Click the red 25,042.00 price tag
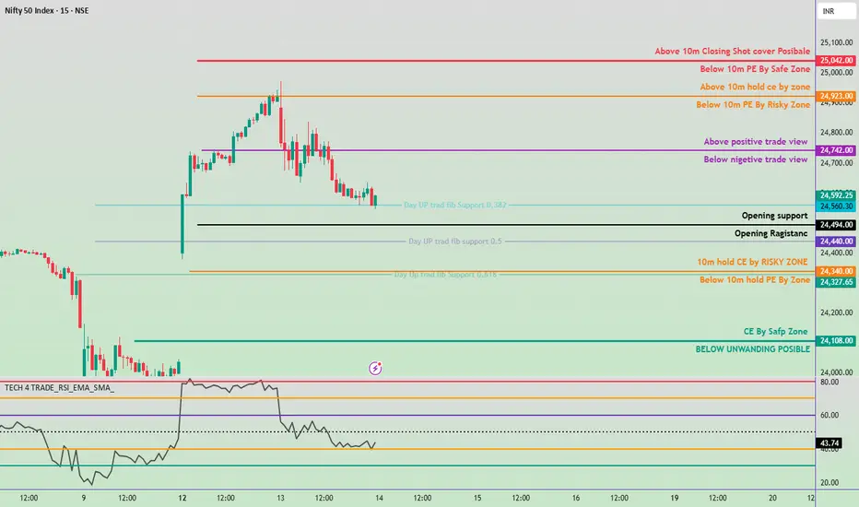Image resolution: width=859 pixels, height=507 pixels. [x=837, y=60]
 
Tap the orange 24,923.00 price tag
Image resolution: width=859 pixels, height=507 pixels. [x=837, y=96]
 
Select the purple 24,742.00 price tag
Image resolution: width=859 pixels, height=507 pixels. [x=837, y=150]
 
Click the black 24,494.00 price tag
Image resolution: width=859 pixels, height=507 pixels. [x=837, y=225]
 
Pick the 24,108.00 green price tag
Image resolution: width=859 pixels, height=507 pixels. [x=837, y=341]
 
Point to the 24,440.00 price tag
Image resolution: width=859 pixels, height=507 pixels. [x=837, y=242]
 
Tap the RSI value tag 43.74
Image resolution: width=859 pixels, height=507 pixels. [x=830, y=443]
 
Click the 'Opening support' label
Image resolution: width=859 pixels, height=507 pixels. [x=774, y=216]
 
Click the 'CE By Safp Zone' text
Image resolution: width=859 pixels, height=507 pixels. [x=775, y=331]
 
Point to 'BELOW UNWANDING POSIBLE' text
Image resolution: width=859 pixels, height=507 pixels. [x=753, y=349]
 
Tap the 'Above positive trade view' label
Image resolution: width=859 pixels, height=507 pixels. [x=755, y=142]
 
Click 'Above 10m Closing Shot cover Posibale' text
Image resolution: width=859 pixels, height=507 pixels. [x=732, y=52]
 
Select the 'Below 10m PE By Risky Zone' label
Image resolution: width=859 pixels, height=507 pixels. [x=753, y=105]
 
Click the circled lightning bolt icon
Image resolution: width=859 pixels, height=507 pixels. [x=376, y=368]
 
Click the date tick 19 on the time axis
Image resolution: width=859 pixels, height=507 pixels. [x=675, y=498]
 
